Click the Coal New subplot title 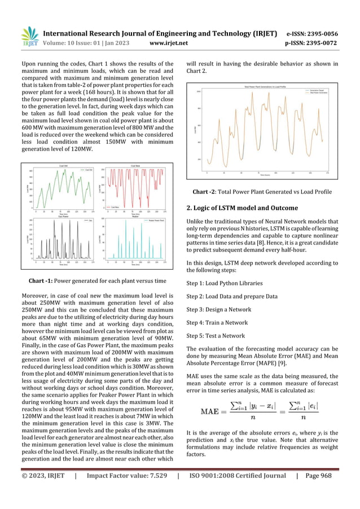[x=135, y=166]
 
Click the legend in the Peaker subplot [x=159, y=221]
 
